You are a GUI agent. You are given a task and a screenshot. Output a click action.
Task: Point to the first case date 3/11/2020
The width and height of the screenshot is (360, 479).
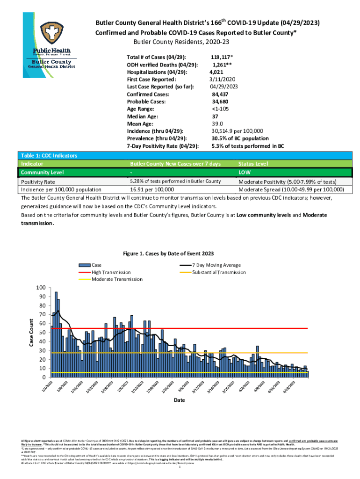pos(222,80)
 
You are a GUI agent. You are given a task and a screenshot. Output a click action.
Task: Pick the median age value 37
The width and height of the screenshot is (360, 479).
pos(215,116)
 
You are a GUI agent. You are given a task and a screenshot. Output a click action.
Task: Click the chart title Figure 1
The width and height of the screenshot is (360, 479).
pos(168,254)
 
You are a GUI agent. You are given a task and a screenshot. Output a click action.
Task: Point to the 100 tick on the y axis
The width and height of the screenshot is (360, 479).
pos(42,288)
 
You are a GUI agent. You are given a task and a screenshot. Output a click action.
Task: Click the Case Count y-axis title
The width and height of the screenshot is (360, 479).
pos(31,332)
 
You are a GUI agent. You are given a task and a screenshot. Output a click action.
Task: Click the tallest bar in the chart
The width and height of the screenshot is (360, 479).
pos(56,334)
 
